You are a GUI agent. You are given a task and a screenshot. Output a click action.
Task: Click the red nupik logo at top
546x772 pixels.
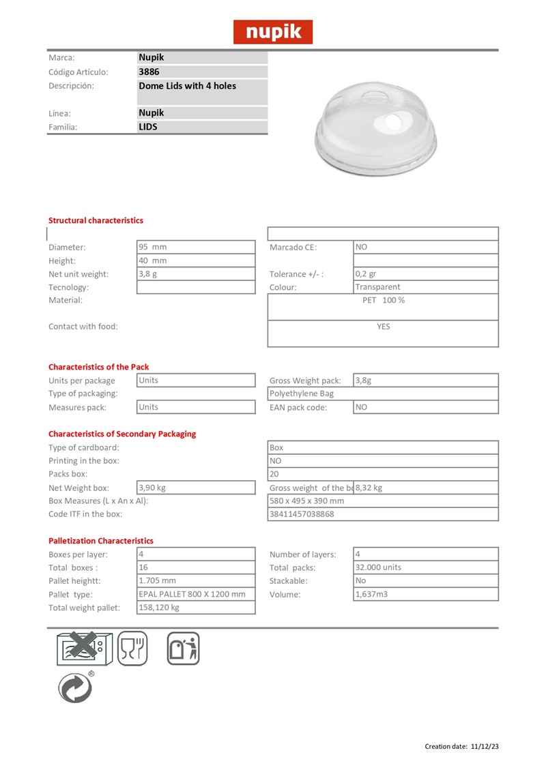coord(273,32)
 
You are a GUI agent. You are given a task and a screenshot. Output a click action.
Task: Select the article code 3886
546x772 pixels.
coord(149,72)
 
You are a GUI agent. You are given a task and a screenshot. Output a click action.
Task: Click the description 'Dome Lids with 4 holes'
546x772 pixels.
coord(188,86)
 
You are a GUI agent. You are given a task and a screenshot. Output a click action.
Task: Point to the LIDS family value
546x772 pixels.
coord(148,126)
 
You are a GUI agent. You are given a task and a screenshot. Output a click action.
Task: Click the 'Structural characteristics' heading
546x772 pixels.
coord(96,220)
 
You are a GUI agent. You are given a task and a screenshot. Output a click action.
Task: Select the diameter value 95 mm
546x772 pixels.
coord(153,247)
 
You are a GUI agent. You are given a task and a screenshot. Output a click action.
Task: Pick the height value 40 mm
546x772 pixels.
coord(153,261)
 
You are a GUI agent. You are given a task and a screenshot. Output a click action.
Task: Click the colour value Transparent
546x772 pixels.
coord(377,287)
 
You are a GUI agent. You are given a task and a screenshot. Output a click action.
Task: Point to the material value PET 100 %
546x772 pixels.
coord(383,300)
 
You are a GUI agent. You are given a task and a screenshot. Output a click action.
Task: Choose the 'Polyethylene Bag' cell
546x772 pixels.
coord(302,394)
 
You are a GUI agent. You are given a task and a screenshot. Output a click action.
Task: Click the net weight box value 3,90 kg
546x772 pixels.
coord(152,488)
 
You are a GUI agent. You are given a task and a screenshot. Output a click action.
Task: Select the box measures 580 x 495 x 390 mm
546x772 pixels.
coord(307,501)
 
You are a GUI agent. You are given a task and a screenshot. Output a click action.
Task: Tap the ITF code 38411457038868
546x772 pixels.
coord(302,514)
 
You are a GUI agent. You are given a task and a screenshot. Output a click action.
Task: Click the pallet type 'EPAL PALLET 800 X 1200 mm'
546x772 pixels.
coord(192,594)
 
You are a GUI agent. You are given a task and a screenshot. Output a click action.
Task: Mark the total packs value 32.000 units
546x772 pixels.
coord(379,567)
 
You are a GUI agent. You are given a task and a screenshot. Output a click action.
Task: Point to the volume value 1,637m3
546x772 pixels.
coord(372,594)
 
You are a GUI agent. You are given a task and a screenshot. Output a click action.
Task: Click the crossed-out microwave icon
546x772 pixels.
coord(81,649)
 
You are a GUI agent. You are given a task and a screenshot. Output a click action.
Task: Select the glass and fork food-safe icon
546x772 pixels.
coord(132,649)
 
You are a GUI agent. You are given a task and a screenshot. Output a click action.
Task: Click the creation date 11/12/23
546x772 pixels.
coord(485,746)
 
